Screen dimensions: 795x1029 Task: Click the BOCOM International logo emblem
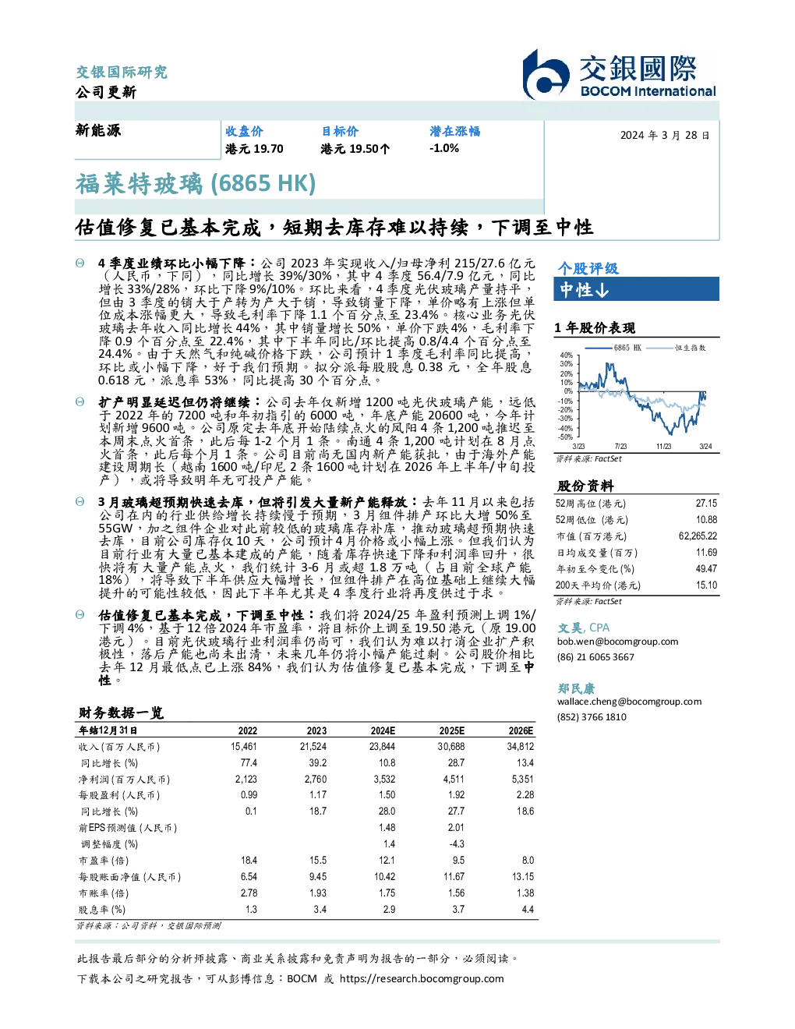[x=546, y=75]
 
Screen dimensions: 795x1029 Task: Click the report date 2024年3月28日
[x=665, y=136]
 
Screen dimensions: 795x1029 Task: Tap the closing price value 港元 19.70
[x=254, y=149]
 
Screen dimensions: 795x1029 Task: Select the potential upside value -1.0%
[x=444, y=148]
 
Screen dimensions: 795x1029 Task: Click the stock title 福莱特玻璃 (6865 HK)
[x=196, y=183]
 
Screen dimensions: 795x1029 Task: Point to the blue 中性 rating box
[x=636, y=289]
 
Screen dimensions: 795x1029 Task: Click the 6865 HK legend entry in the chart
[x=613, y=348]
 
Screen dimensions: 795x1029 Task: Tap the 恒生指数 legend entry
[x=676, y=348]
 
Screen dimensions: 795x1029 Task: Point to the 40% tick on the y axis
[x=567, y=355]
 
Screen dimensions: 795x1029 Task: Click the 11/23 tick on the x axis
[x=663, y=446]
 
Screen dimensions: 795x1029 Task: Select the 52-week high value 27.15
[x=706, y=504]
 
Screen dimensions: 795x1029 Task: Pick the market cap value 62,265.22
[x=698, y=536]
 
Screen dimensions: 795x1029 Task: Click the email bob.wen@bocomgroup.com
[x=617, y=642]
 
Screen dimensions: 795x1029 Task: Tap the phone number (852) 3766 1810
[x=592, y=717]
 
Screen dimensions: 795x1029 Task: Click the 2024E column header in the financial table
[x=383, y=730]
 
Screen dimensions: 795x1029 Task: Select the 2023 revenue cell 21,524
[x=313, y=747]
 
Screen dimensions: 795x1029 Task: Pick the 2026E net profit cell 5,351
[x=523, y=779]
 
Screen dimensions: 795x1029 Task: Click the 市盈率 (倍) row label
[x=104, y=861]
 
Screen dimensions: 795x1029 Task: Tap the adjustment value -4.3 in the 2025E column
[x=457, y=843]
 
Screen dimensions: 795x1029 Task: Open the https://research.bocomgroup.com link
[x=422, y=979]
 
